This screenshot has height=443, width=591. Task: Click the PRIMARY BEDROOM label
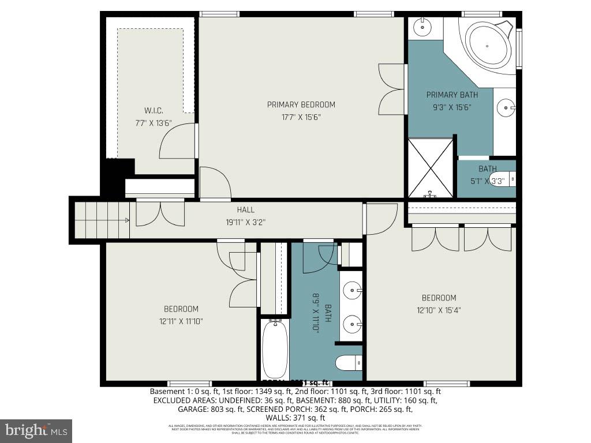pyautogui.click(x=301, y=104)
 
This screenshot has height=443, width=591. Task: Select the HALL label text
pyautogui.click(x=245, y=210)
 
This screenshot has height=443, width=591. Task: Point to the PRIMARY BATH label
pyautogui.click(x=452, y=95)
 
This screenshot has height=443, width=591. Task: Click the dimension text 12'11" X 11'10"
pyautogui.click(x=181, y=321)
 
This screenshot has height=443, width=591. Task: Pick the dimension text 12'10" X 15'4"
pyautogui.click(x=439, y=310)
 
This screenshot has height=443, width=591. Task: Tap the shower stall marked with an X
pyautogui.click(x=431, y=167)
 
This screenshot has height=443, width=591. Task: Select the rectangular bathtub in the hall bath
pyautogui.click(x=275, y=349)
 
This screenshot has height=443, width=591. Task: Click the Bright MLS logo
pyautogui.click(x=36, y=430)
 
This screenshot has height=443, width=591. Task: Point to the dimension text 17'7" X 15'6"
pyautogui.click(x=301, y=117)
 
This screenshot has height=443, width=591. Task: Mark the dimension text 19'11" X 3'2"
pyautogui.click(x=245, y=221)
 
